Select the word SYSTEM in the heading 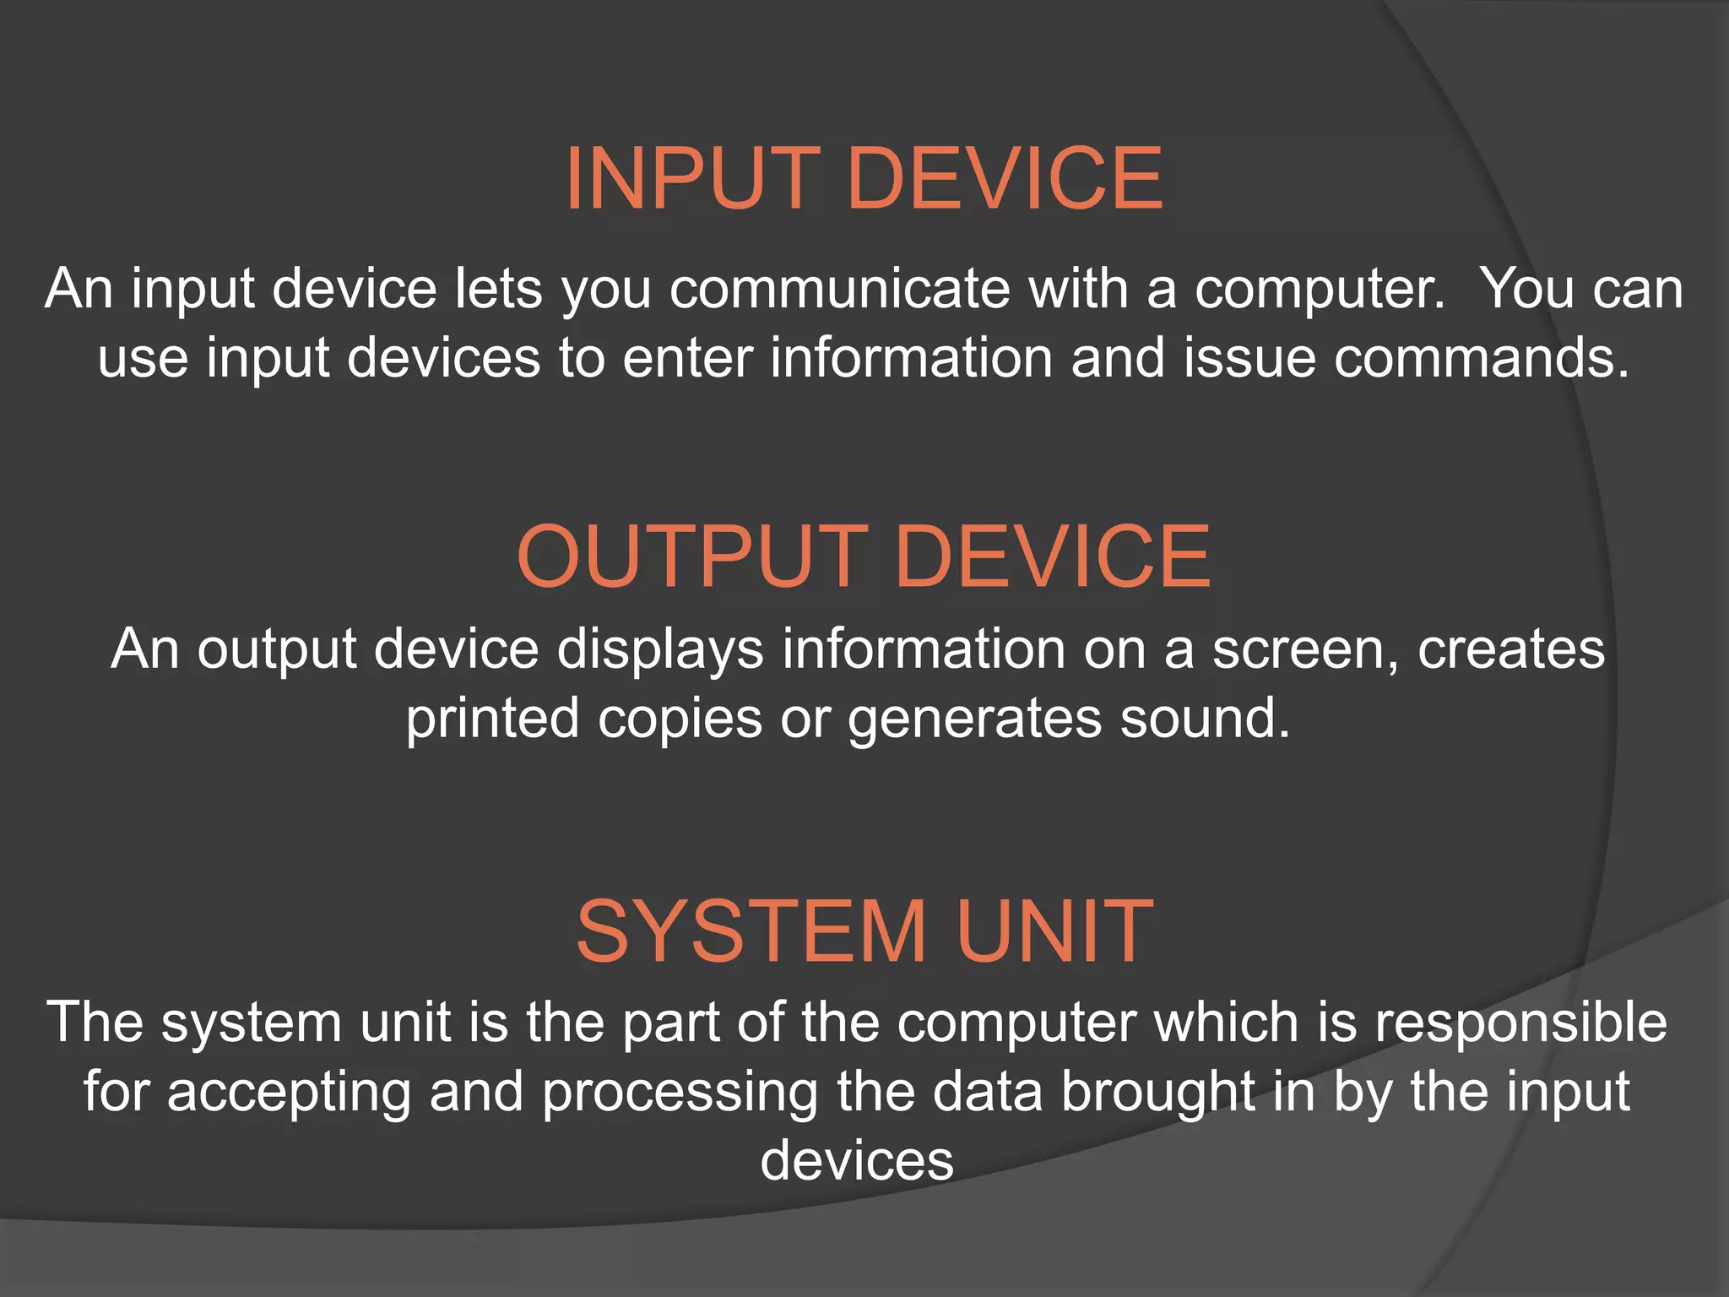tap(751, 931)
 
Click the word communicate tap(839, 289)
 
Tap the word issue tap(1250, 358)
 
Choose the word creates tap(1510, 649)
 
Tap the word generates tap(975, 720)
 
